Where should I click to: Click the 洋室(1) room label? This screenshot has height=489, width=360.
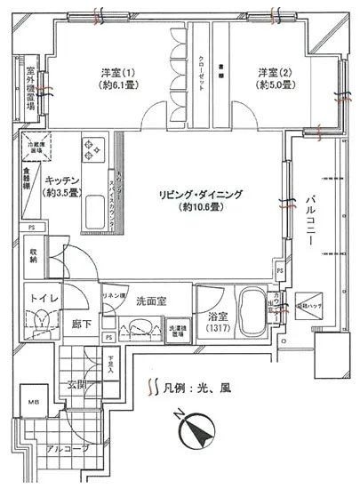pyautogui.click(x=115, y=74)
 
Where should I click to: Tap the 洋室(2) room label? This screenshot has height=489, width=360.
pyautogui.click(x=276, y=74)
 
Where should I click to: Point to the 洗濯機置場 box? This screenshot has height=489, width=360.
pyautogui.click(x=177, y=327)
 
